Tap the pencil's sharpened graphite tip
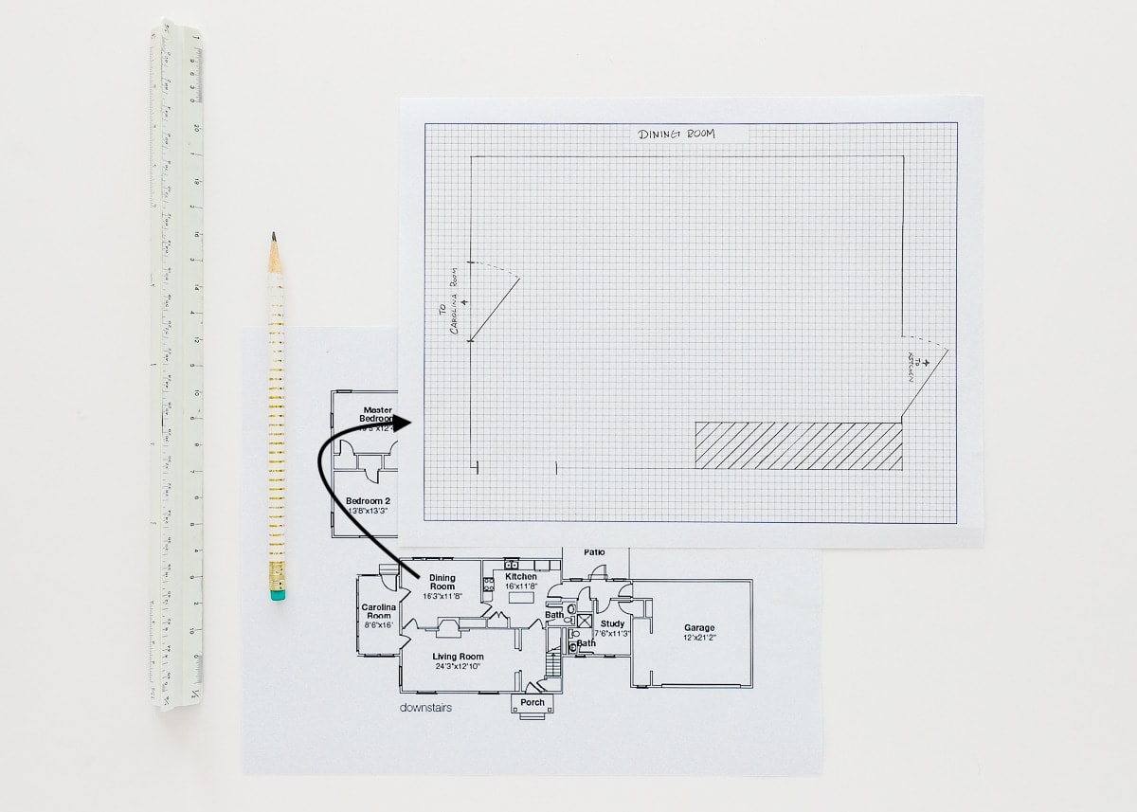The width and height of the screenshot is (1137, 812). [x=273, y=236]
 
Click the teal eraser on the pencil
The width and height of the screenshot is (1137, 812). [x=277, y=595]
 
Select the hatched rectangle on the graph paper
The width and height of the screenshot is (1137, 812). [x=799, y=445]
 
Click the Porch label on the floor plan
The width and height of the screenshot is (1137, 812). [x=532, y=702]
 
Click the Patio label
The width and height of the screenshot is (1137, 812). [x=594, y=551]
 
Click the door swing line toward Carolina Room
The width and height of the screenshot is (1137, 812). [x=495, y=309]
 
